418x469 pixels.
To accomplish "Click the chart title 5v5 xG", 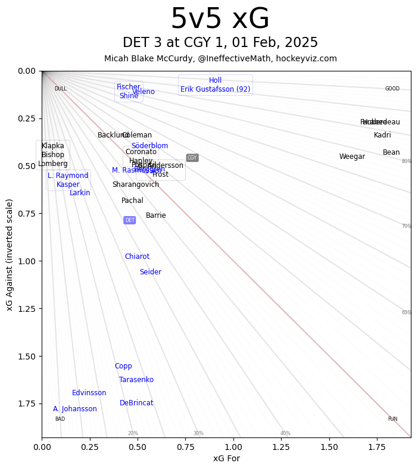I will click(x=220, y=20).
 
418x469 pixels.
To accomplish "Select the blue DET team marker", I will click(x=130, y=220).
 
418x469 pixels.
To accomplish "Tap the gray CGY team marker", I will click(x=192, y=158).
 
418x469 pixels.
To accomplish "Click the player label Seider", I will click(x=151, y=272).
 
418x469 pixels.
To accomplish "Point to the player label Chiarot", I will click(x=137, y=257).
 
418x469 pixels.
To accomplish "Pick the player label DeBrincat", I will click(x=136, y=403).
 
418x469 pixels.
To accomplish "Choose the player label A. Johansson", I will click(x=75, y=409).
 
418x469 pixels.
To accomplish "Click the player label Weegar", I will click(x=352, y=157).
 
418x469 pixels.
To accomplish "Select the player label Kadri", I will click(x=382, y=135).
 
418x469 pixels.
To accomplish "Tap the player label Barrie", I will click(x=156, y=215).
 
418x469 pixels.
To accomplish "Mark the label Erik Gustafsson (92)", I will click(x=216, y=89).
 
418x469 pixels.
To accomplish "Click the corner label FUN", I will click(x=392, y=419).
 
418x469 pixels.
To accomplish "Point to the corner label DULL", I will click(x=61, y=89).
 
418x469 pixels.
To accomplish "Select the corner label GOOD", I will click(x=392, y=89).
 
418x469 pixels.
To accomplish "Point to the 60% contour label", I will click(x=407, y=312).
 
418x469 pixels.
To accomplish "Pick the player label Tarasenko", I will click(x=136, y=380).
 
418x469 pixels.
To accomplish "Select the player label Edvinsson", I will click(x=89, y=393).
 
